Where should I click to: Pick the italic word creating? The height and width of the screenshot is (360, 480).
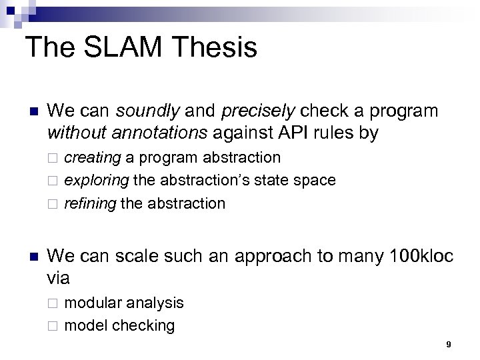pos(92,158)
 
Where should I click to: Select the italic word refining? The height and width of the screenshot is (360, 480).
pos(90,203)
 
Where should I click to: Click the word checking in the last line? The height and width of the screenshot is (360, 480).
pos(143,325)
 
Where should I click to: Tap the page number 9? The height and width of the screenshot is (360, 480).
pos(448,344)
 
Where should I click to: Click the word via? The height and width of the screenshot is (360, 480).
pos(60,277)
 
